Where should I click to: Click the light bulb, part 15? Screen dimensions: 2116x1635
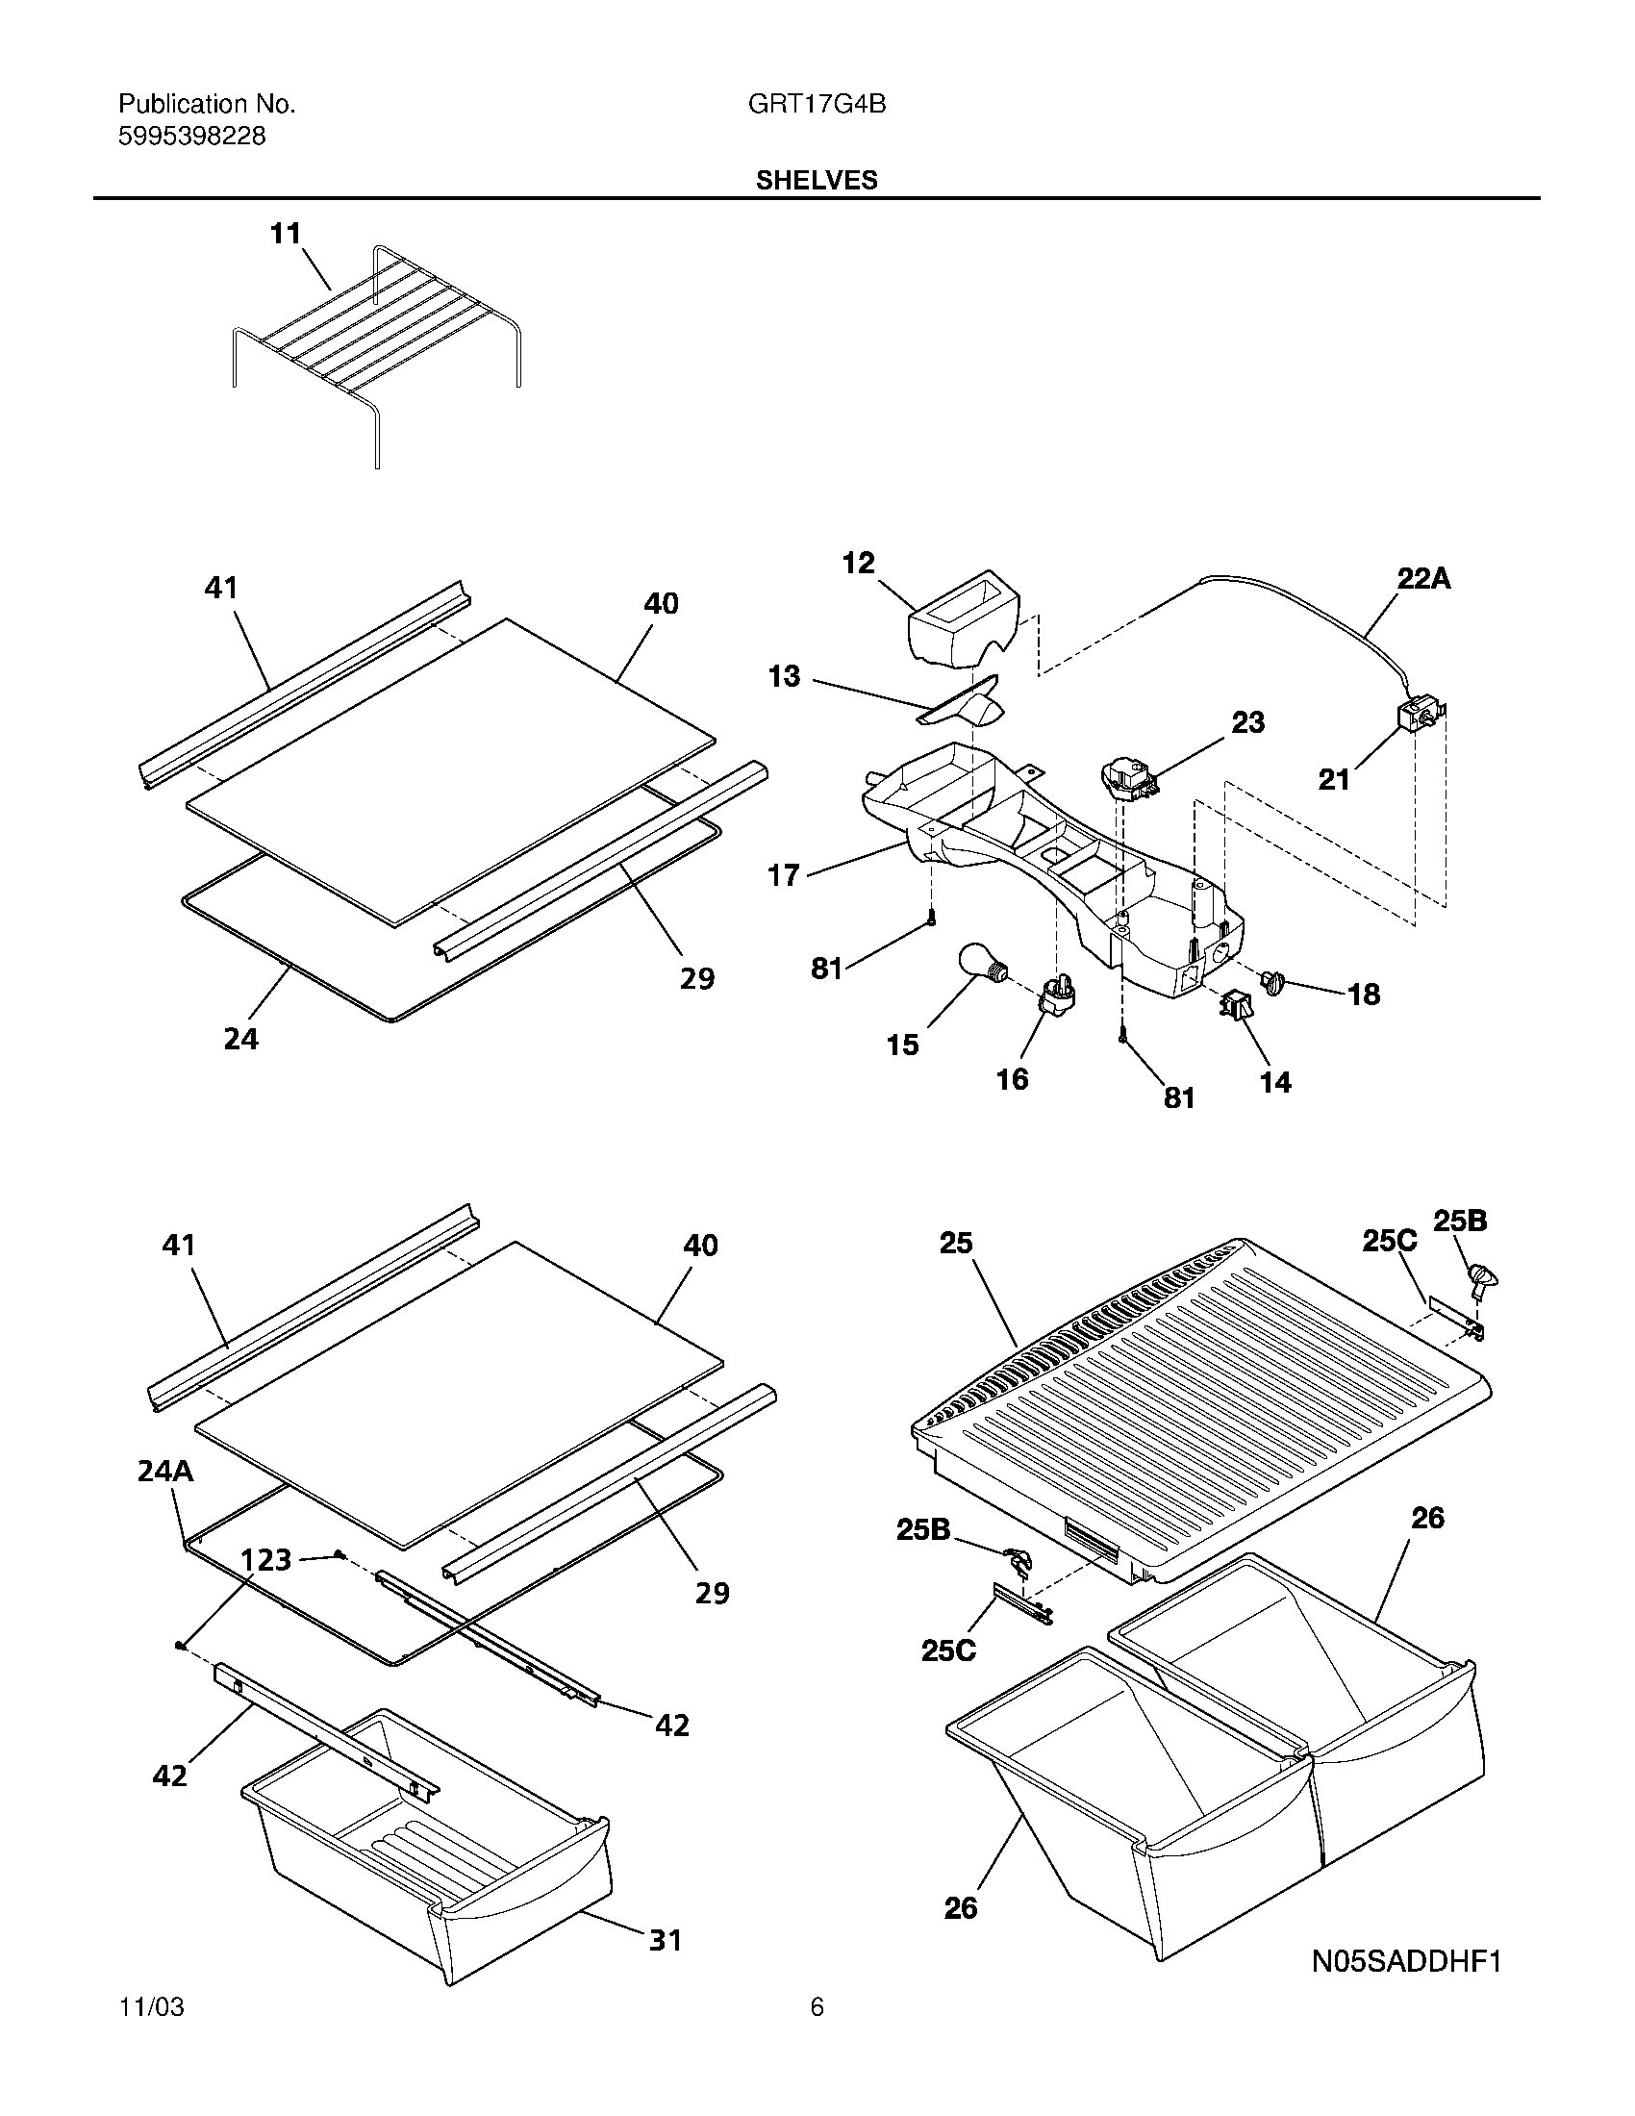pyautogui.click(x=979, y=965)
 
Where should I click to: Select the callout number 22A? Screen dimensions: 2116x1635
pyautogui.click(x=1422, y=579)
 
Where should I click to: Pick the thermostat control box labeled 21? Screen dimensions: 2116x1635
pyautogui.click(x=1415, y=718)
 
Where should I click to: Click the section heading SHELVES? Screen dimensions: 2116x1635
pyautogui.click(x=817, y=180)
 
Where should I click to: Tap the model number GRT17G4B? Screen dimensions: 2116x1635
pyautogui.click(x=817, y=104)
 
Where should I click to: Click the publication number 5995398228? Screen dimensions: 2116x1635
pyautogui.click(x=191, y=137)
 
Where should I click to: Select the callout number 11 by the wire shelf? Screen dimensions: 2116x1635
pyautogui.click(x=285, y=234)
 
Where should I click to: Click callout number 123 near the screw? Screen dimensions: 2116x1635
pyautogui.click(x=265, y=1559)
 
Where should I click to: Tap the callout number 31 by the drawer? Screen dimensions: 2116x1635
pyautogui.click(x=665, y=1966)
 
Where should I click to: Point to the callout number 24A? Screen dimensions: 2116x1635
pyautogui.click(x=164, y=1472)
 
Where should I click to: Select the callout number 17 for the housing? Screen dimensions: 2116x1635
pyautogui.click(x=783, y=876)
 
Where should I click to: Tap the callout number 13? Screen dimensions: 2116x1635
pyautogui.click(x=784, y=676)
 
